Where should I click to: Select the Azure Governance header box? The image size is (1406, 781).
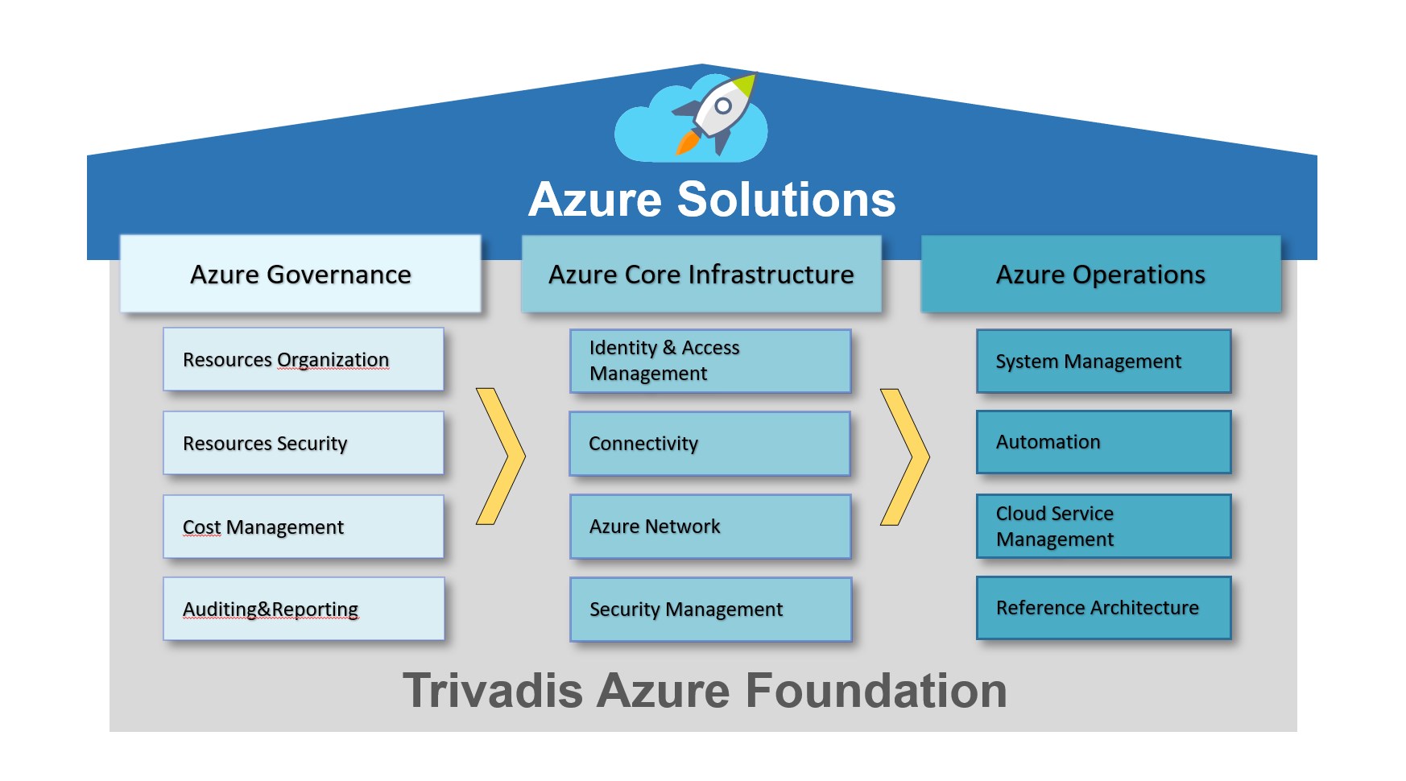tap(300, 274)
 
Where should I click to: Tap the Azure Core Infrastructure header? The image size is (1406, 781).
tap(701, 274)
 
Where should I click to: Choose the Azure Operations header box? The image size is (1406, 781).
tap(1100, 274)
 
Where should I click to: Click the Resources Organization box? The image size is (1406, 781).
tap(304, 359)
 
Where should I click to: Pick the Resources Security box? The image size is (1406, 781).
tap(304, 443)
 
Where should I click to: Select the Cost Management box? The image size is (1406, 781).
tap(304, 527)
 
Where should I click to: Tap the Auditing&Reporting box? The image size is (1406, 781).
tap(304, 609)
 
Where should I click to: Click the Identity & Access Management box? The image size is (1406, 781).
tap(710, 361)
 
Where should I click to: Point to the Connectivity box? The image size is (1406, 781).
tap(709, 444)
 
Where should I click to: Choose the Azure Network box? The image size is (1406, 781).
tap(710, 527)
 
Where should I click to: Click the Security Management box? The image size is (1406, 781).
tap(710, 610)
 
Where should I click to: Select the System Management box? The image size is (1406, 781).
tap(1103, 361)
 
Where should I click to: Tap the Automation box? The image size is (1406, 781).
tap(1103, 442)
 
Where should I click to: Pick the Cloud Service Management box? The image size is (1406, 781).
tap(1103, 527)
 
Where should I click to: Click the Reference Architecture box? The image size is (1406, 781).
tap(1103, 608)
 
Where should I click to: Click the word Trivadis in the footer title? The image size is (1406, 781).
tap(492, 691)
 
